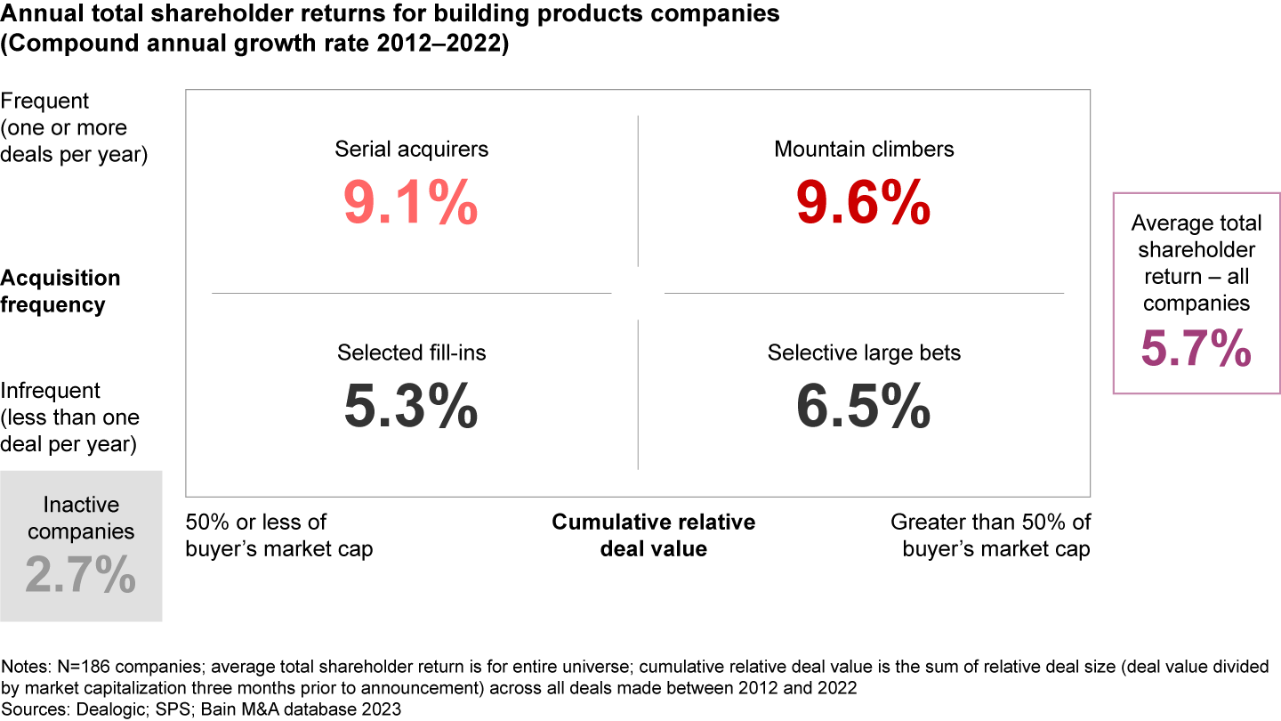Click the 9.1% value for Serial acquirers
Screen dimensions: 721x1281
(x=411, y=204)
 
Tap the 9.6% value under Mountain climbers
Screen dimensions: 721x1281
(x=864, y=204)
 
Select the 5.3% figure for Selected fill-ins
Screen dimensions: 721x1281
(x=411, y=407)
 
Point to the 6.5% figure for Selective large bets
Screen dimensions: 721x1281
(x=864, y=407)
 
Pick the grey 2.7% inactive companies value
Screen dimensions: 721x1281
(x=81, y=574)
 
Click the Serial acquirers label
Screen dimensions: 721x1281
(x=411, y=149)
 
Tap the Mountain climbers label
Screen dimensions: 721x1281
(x=864, y=149)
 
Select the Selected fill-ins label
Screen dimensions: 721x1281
(x=411, y=352)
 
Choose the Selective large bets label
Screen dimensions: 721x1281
(x=864, y=352)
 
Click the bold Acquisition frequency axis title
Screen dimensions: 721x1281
(x=60, y=291)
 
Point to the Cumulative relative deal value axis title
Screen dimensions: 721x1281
(x=653, y=535)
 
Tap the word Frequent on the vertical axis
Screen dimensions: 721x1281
(x=45, y=101)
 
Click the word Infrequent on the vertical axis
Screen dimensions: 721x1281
(x=51, y=391)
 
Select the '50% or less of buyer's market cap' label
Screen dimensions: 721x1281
(x=278, y=535)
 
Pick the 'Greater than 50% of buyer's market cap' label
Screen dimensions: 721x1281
(x=991, y=535)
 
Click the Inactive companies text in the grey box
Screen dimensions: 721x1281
(x=81, y=518)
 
